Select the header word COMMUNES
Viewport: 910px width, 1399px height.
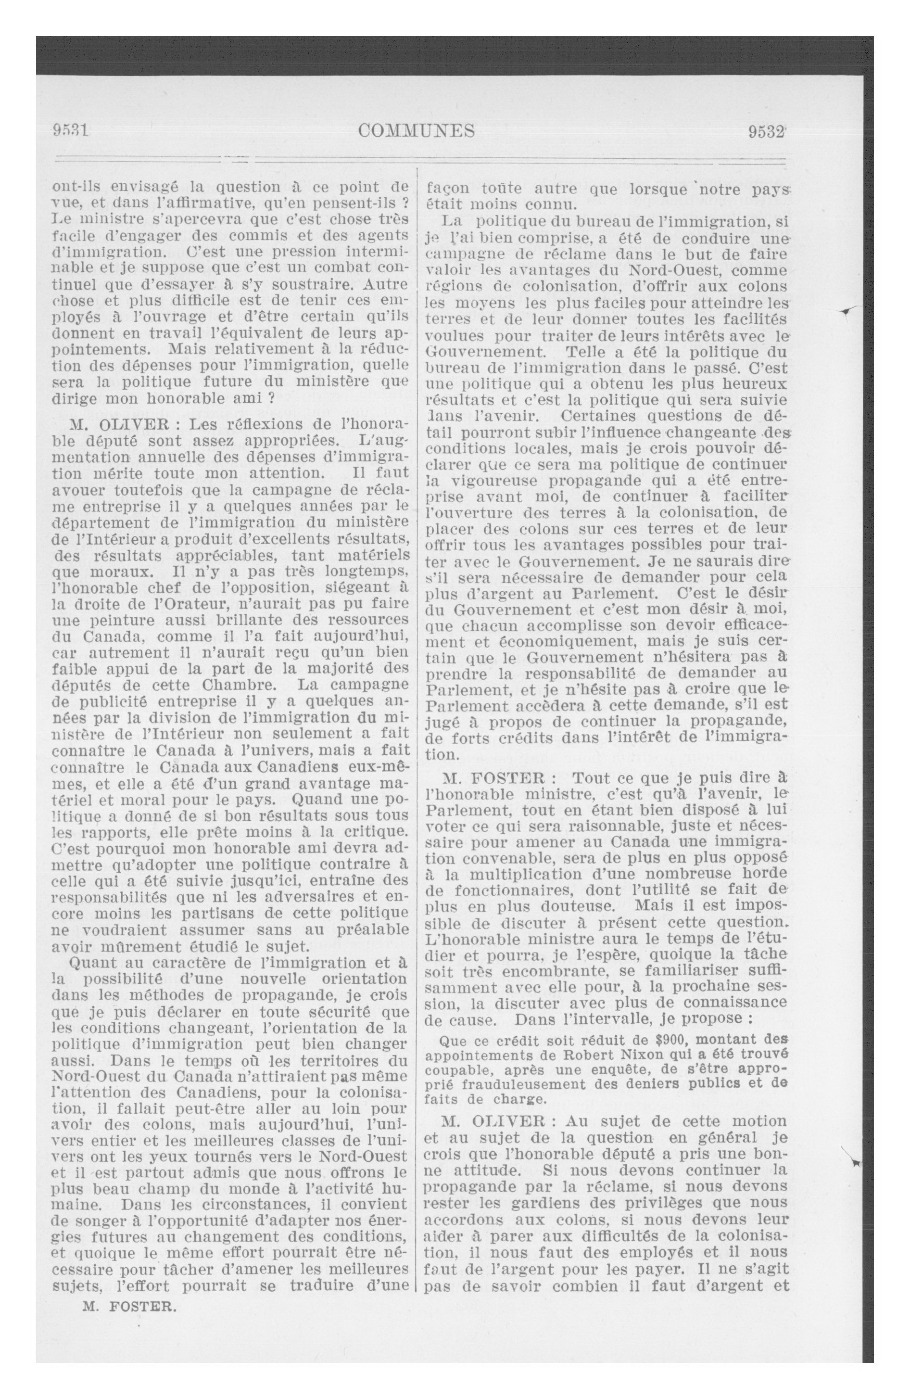416,130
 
